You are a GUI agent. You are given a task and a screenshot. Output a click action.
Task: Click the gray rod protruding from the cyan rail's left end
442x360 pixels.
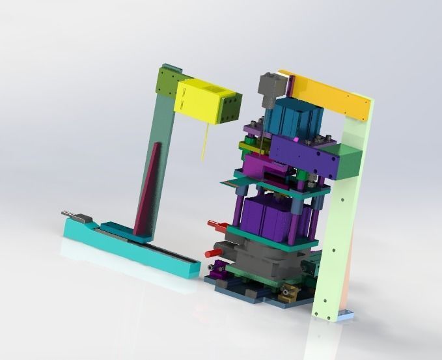tap(71, 214)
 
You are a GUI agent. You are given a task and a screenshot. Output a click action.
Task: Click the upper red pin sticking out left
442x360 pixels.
tap(215, 225)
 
